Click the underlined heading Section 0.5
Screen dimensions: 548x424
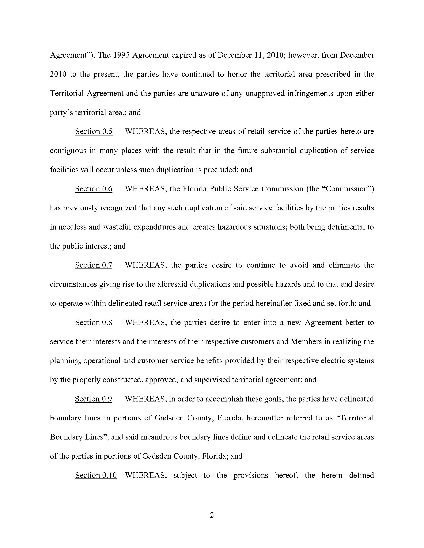[x=94, y=131]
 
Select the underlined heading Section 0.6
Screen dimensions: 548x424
[x=94, y=189]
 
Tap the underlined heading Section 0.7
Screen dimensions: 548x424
[x=94, y=265]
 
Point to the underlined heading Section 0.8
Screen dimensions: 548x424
[x=94, y=322]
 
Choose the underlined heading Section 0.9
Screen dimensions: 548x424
[x=93, y=399]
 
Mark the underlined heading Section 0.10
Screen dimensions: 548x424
[x=96, y=475]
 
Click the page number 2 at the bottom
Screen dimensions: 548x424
[x=212, y=515]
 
